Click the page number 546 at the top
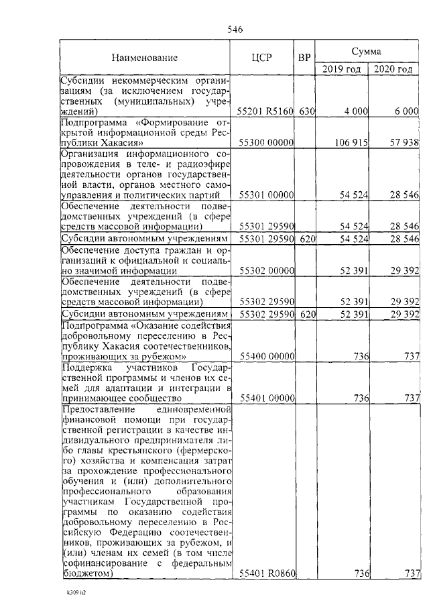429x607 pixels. [235, 29]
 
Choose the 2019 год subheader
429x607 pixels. [342, 69]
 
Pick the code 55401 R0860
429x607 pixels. [266, 573]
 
